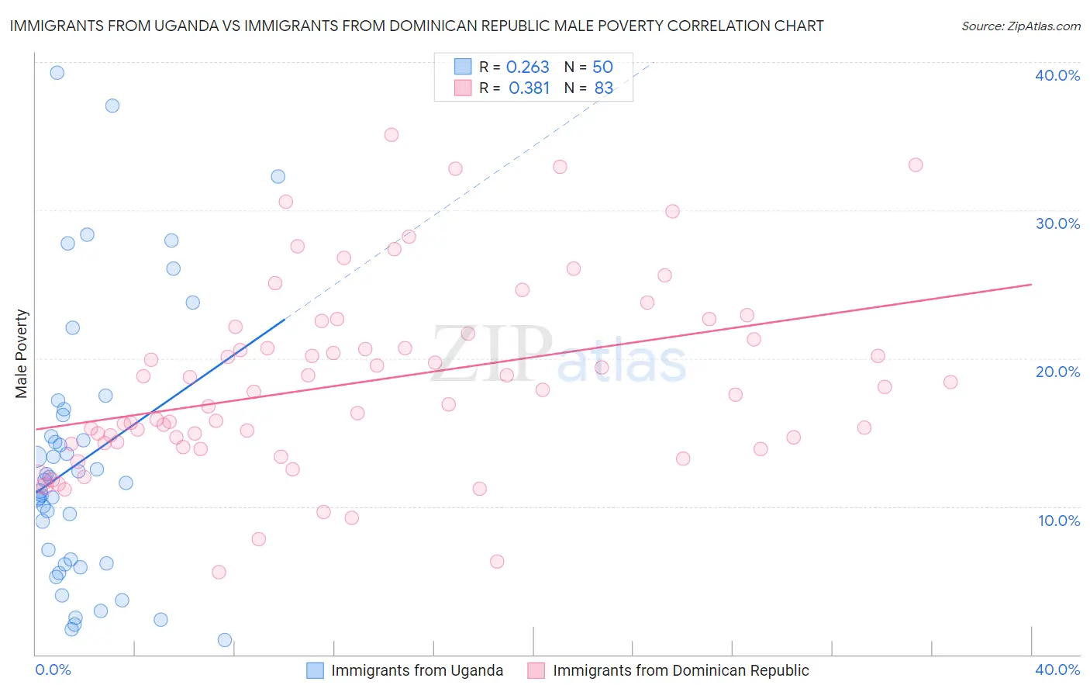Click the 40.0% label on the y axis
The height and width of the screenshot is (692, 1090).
click(x=1057, y=75)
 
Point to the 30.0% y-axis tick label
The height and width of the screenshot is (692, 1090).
click(x=1057, y=223)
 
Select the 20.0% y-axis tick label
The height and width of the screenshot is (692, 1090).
click(x=1057, y=372)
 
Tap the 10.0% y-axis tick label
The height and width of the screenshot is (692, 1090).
click(x=1059, y=521)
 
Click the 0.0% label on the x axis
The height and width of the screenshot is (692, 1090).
click(x=53, y=670)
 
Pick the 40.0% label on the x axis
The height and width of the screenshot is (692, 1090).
click(x=1057, y=670)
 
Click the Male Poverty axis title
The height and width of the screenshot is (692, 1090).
click(x=22, y=354)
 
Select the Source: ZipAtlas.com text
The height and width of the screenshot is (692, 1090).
click(x=1021, y=26)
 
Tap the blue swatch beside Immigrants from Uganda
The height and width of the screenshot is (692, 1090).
click(x=315, y=670)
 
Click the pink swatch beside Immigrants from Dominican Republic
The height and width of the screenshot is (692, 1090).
click(x=536, y=670)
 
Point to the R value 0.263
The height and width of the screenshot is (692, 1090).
click(x=527, y=67)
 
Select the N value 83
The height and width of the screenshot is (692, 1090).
click(x=603, y=88)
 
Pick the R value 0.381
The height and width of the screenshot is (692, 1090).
click(x=529, y=88)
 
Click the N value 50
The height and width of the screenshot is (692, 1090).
click(x=602, y=67)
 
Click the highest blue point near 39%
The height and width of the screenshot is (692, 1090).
click(x=57, y=73)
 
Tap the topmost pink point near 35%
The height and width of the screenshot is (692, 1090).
click(x=392, y=135)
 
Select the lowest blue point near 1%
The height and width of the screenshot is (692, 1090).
click(x=225, y=640)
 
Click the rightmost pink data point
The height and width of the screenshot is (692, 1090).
click(x=950, y=382)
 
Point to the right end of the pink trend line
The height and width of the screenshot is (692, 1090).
click(x=1031, y=285)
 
